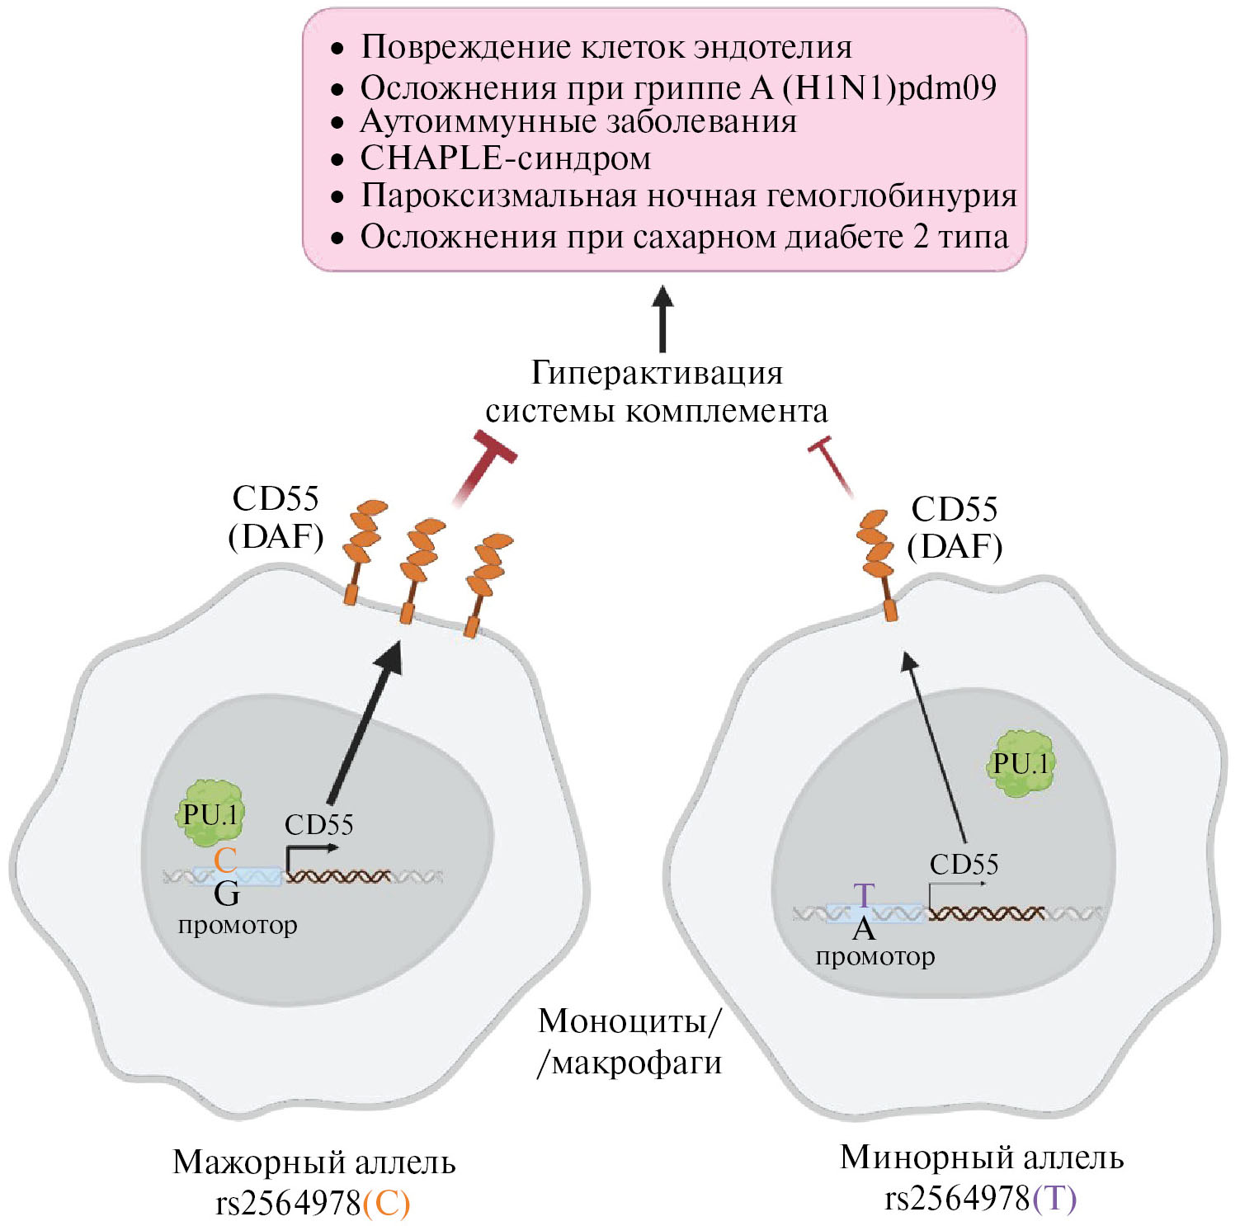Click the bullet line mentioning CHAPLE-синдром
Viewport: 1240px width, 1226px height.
coord(505,158)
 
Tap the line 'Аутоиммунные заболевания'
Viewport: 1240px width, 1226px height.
coord(578,122)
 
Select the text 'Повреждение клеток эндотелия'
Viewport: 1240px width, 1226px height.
coord(606,48)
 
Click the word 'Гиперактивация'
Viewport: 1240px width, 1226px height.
coord(657,373)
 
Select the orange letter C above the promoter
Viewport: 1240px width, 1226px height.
coord(225,860)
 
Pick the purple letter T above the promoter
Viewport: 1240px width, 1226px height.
coord(864,896)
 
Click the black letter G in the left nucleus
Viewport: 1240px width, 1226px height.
coord(227,894)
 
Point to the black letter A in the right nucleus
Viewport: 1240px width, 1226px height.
coord(864,930)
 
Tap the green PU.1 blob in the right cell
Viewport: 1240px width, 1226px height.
coord(1021,764)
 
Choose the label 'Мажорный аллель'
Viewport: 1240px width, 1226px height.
coord(314,1162)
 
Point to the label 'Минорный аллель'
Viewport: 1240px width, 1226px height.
coord(982,1157)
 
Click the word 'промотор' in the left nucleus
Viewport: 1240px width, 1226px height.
coord(238,925)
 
